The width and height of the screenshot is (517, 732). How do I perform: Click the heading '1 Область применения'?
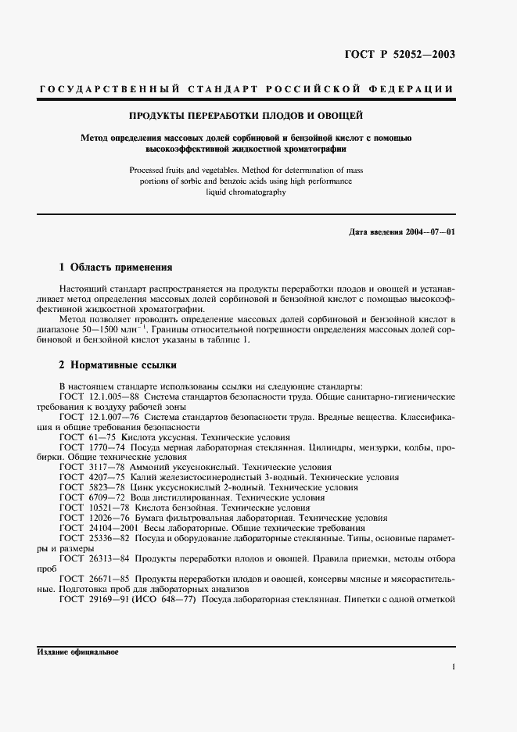[x=110, y=267]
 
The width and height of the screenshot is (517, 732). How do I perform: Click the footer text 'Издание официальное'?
[x=77, y=652]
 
